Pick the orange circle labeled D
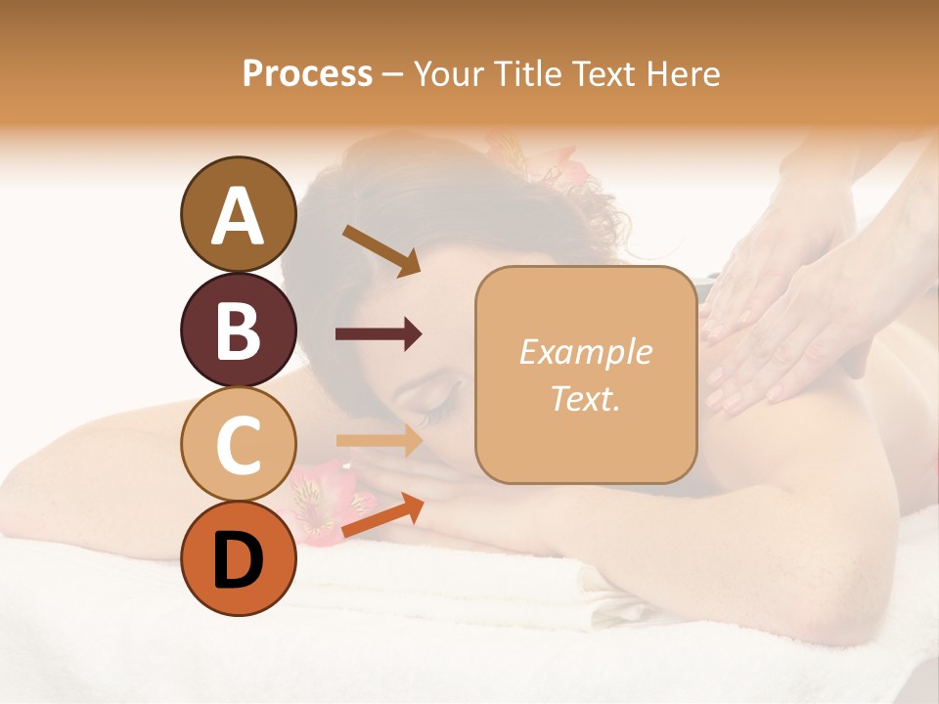[238, 558]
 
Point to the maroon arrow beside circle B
[379, 334]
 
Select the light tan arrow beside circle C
[379, 440]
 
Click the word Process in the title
[307, 73]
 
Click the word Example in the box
[585, 352]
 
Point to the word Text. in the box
[585, 398]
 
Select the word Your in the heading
[452, 73]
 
